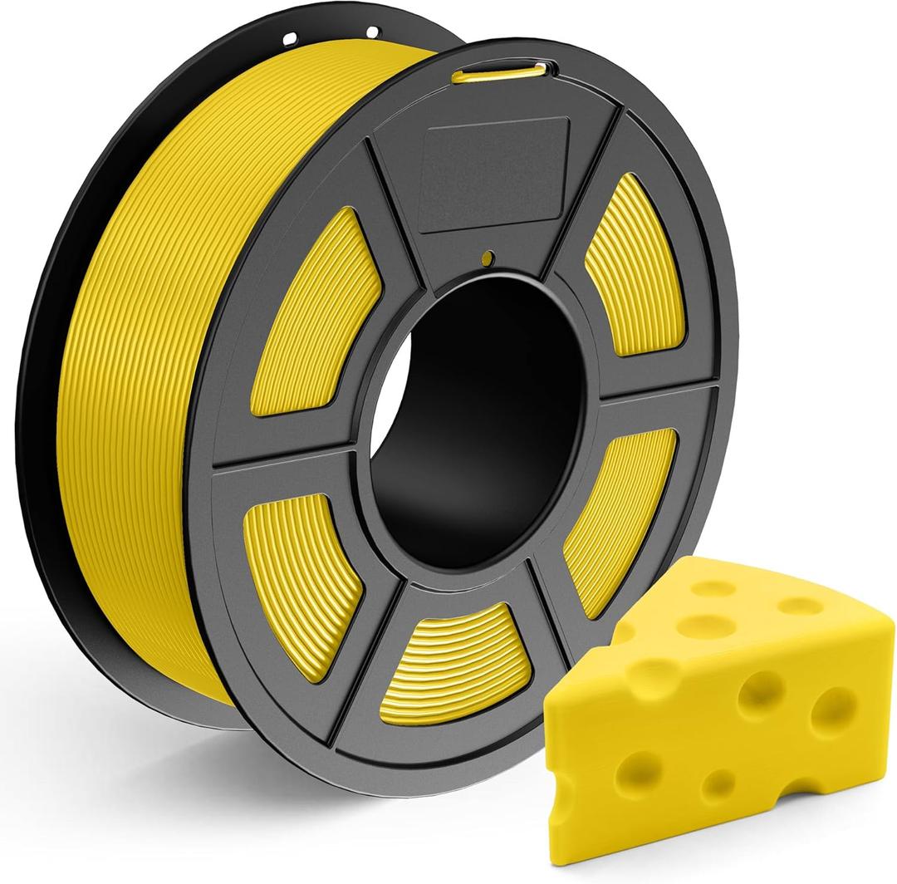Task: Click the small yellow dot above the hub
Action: (491, 259)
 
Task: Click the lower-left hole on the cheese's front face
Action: (635, 765)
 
